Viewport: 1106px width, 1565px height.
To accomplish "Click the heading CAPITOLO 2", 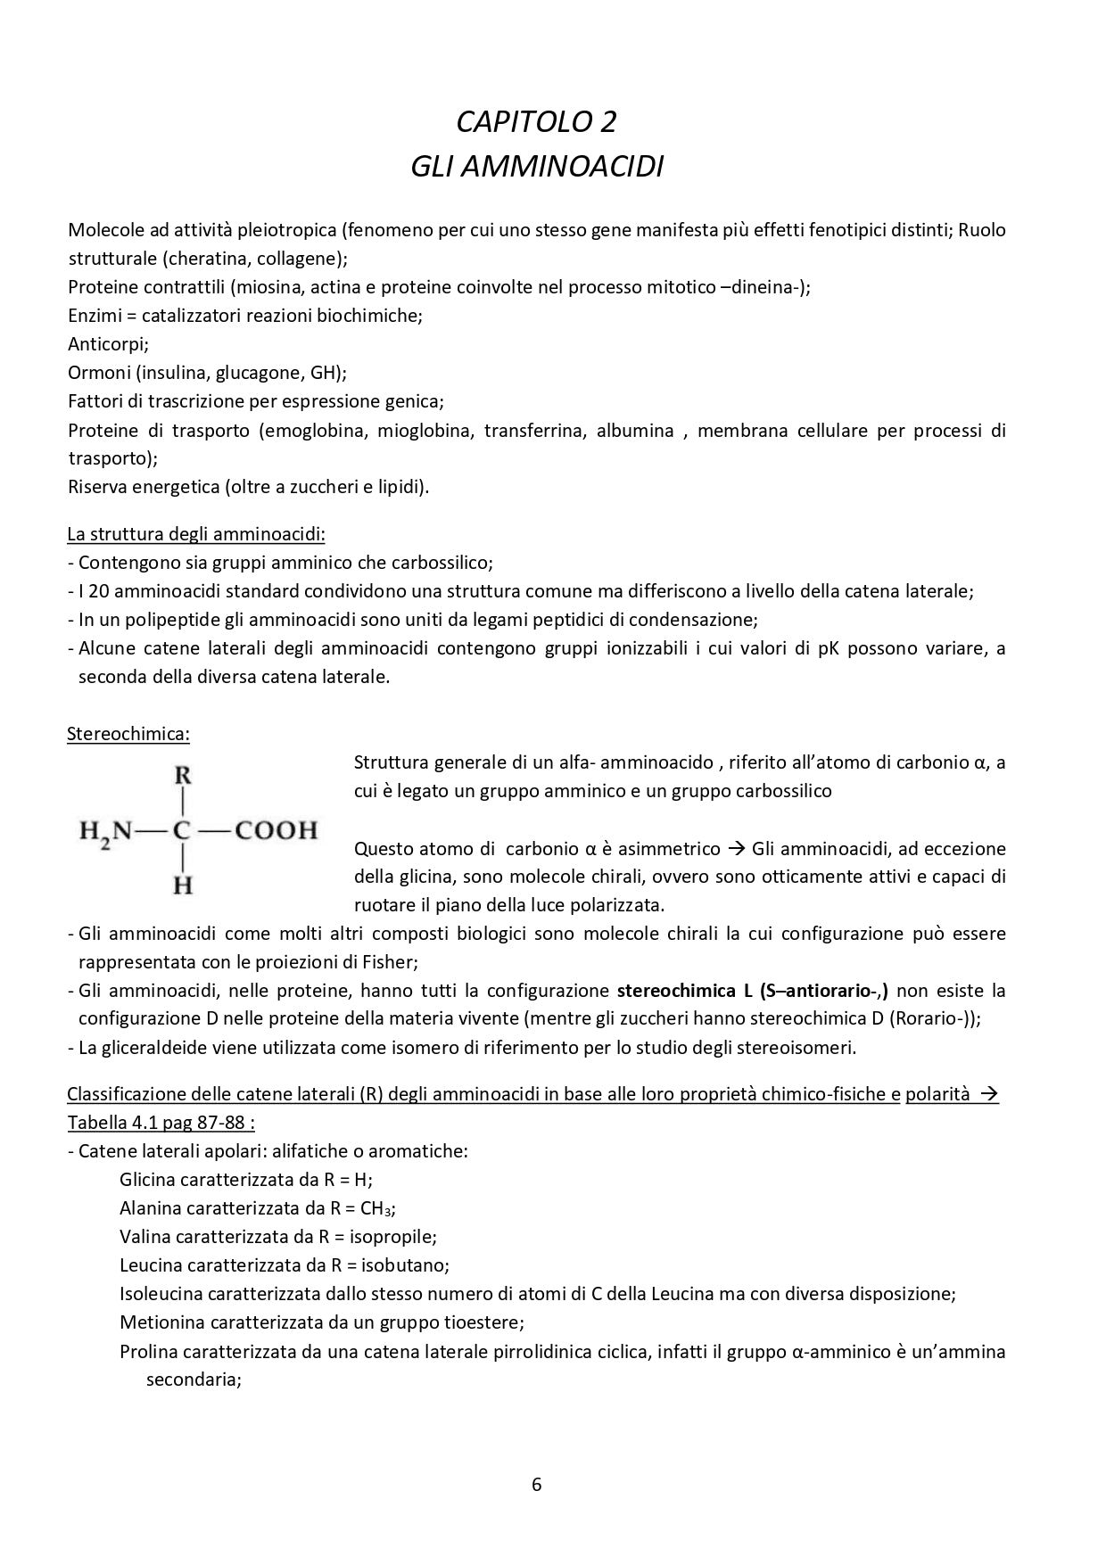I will [536, 121].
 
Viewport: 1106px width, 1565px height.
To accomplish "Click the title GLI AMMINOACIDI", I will [536, 167].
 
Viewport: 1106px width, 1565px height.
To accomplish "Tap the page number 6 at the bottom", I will [536, 1484].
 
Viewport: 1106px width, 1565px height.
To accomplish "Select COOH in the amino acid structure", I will [276, 830].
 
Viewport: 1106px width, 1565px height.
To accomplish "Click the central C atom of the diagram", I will [183, 830].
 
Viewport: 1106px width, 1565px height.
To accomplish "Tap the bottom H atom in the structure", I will [183, 885].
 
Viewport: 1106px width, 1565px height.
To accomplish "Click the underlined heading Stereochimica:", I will [128, 734].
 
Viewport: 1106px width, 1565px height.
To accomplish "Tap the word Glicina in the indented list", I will [147, 1179].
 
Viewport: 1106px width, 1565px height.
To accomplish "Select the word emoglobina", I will [315, 431].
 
